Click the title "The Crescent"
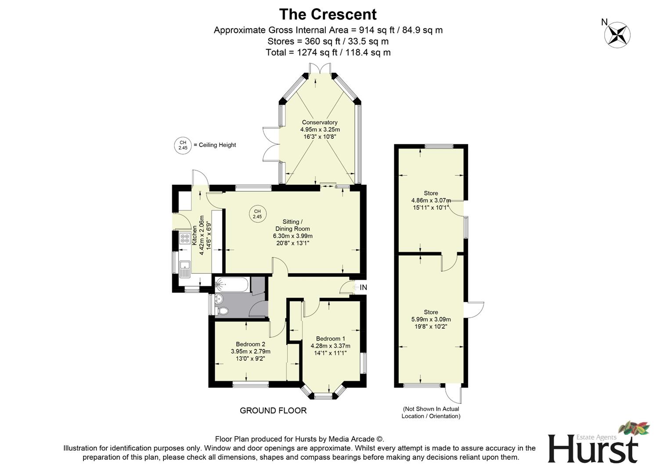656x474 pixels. pyautogui.click(x=328, y=14)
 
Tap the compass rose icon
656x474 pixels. pyautogui.click(x=617, y=35)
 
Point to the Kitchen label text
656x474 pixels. pyautogui.click(x=194, y=235)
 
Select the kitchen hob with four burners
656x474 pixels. pyautogui.click(x=184, y=239)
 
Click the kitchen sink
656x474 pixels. pyautogui.click(x=184, y=267)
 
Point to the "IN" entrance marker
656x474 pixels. pyautogui.click(x=363, y=287)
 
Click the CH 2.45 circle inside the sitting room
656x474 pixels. pyautogui.click(x=257, y=214)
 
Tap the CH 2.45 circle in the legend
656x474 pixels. pyautogui.click(x=183, y=145)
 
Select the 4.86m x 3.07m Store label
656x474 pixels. pyautogui.click(x=431, y=200)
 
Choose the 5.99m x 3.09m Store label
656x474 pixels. pyautogui.click(x=431, y=319)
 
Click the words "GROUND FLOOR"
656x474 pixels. pyautogui.click(x=273, y=410)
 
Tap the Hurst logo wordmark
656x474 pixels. pyautogui.click(x=592, y=449)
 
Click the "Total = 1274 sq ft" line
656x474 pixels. pyautogui.click(x=328, y=53)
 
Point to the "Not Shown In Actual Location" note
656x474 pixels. pyautogui.click(x=431, y=412)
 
